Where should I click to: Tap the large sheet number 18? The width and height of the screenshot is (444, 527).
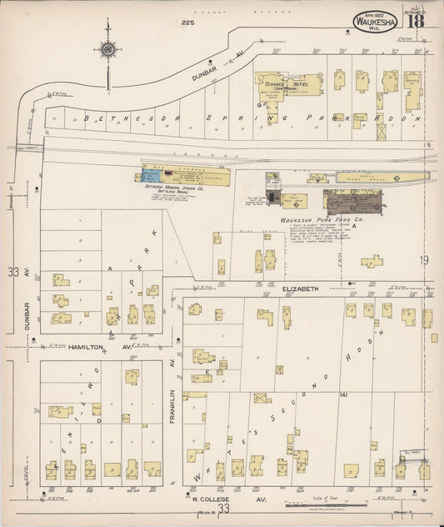tap(414, 20)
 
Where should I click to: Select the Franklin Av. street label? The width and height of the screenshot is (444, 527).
tap(172, 399)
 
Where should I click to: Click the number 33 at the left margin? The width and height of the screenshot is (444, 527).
tap(12, 272)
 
